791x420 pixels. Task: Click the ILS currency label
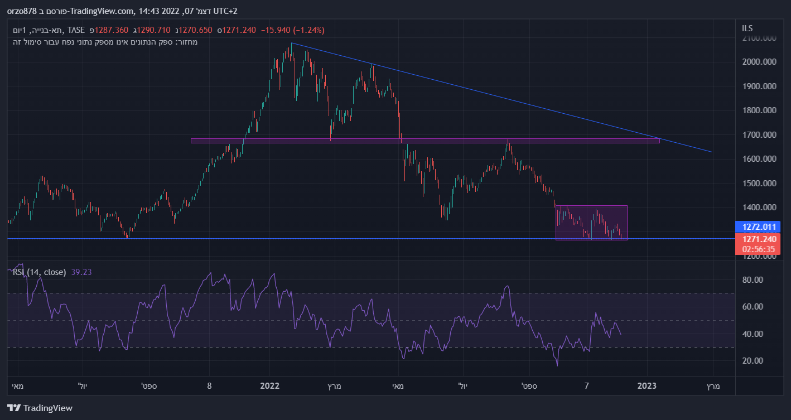pyautogui.click(x=747, y=28)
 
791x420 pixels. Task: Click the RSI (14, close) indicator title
pyautogui.click(x=40, y=272)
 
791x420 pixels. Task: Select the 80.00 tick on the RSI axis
pyautogui.click(x=753, y=280)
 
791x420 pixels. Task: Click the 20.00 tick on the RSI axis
pyautogui.click(x=753, y=360)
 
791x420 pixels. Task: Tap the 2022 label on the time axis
pyautogui.click(x=269, y=386)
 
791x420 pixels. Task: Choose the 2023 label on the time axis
pyautogui.click(x=647, y=386)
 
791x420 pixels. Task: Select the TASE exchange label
pyautogui.click(x=75, y=30)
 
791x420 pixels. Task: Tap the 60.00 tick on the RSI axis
pyautogui.click(x=753, y=307)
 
